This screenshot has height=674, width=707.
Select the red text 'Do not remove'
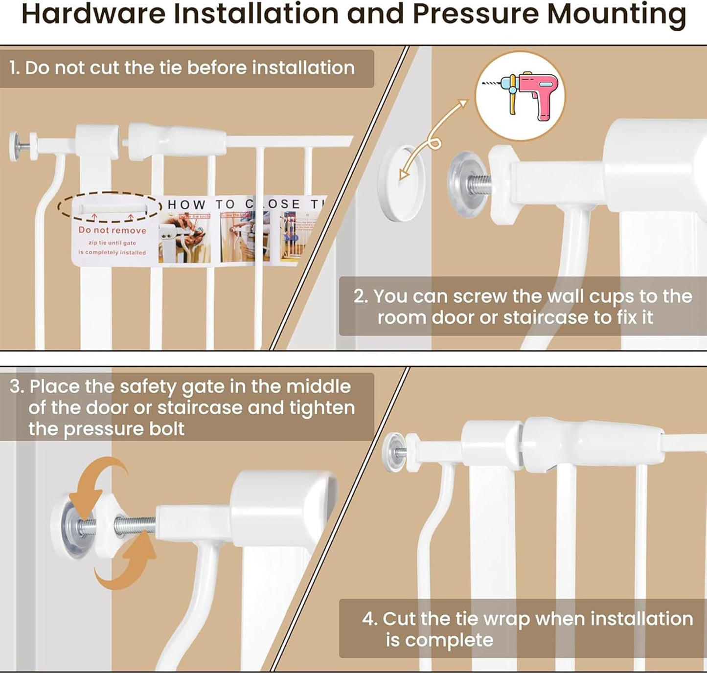point(113,230)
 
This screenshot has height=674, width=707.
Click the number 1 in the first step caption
point(14,68)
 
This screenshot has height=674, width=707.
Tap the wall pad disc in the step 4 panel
point(392,452)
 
